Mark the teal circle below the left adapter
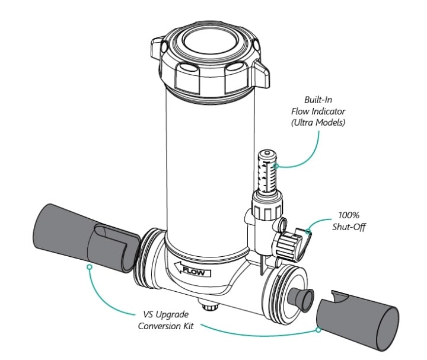click(x=89, y=267)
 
